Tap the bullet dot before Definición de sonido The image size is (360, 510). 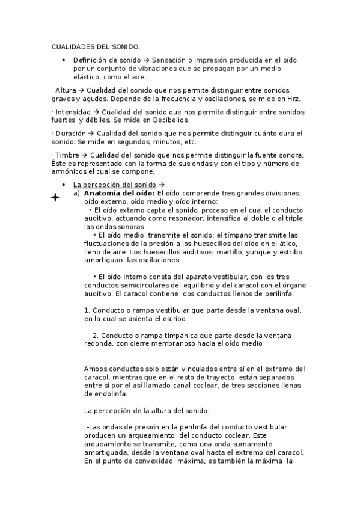64,60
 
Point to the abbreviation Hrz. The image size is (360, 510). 292,99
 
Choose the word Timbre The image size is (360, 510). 68,155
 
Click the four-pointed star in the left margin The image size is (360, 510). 55,197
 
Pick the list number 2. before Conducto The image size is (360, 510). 96,335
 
